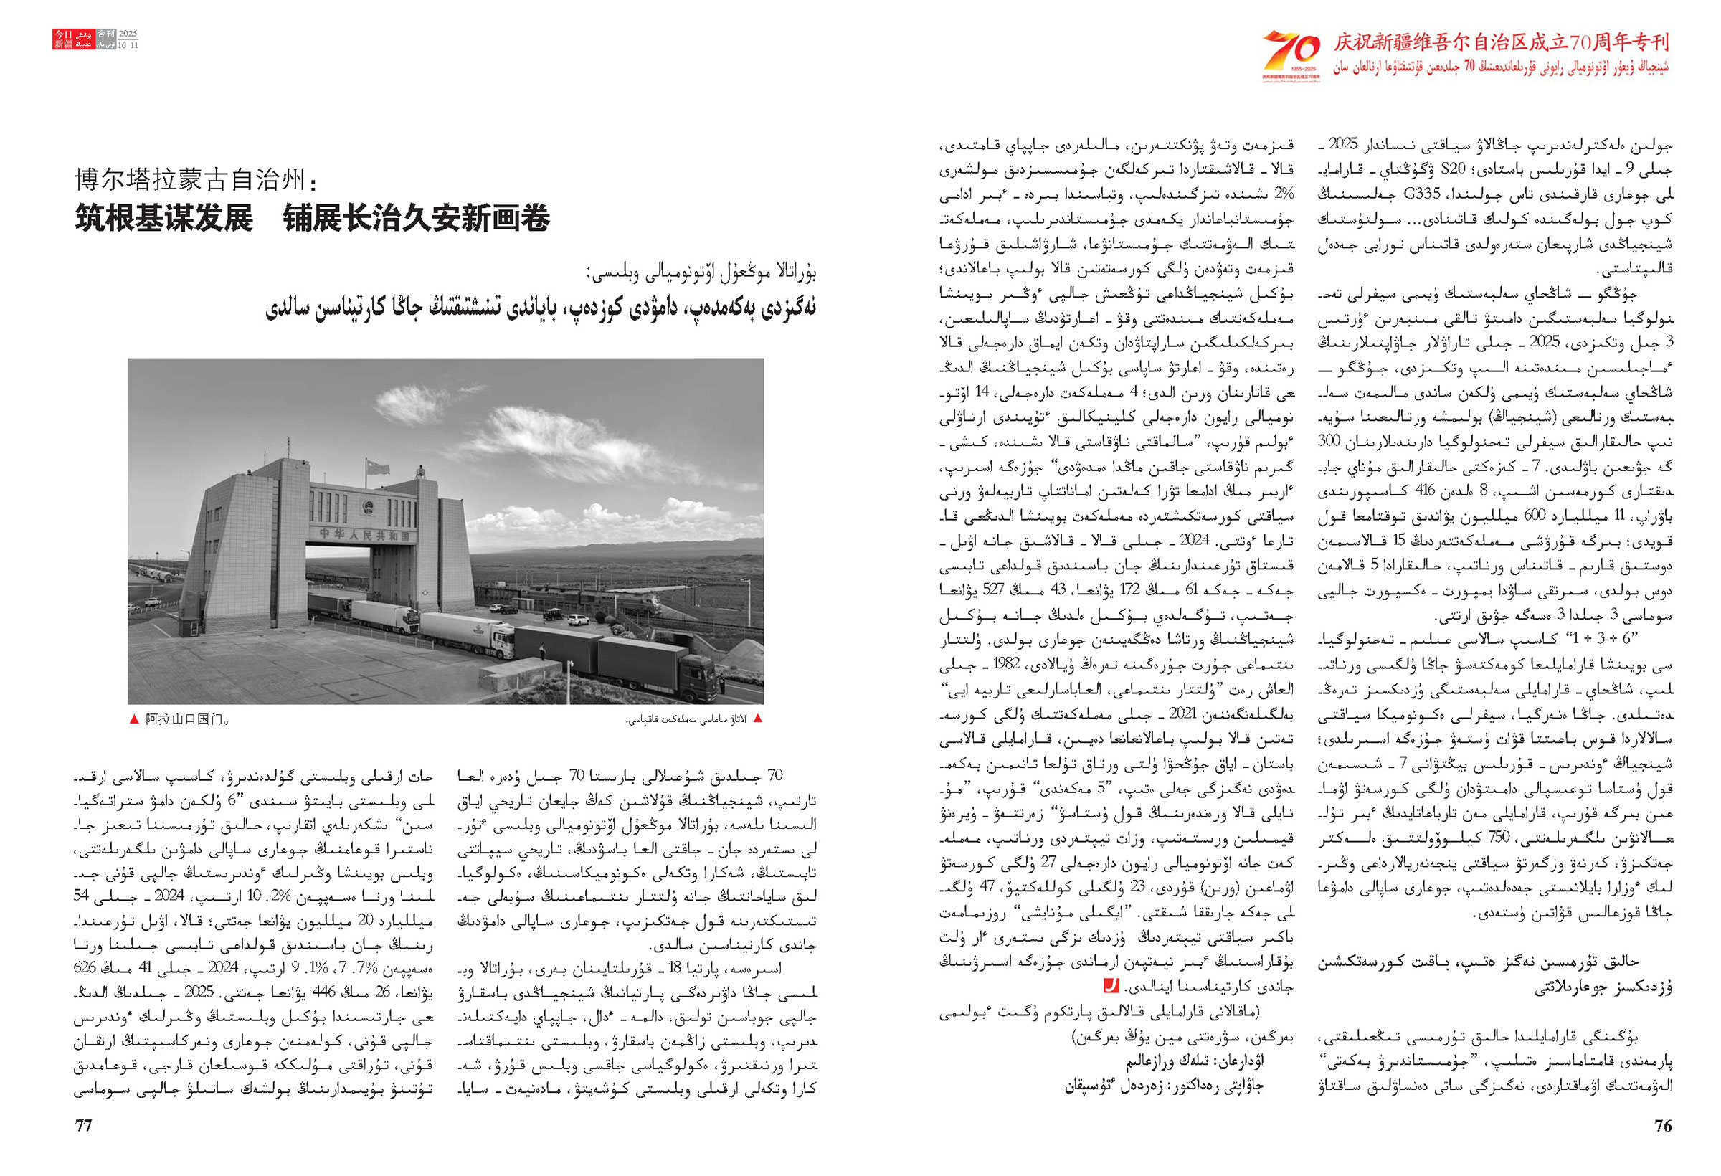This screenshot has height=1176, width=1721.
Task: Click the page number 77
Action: pyautogui.click(x=84, y=1126)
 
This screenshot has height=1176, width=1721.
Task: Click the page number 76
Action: pyautogui.click(x=1662, y=1126)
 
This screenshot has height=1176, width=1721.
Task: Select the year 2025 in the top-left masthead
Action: pyautogui.click(x=129, y=34)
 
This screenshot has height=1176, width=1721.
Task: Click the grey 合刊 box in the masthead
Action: pyautogui.click(x=106, y=34)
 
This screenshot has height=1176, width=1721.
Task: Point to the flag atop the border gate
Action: pyautogui.click(x=378, y=468)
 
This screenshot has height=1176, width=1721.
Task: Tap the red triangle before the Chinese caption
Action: pyautogui.click(x=133, y=719)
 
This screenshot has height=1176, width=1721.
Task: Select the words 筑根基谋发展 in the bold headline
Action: pyautogui.click(x=163, y=219)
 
